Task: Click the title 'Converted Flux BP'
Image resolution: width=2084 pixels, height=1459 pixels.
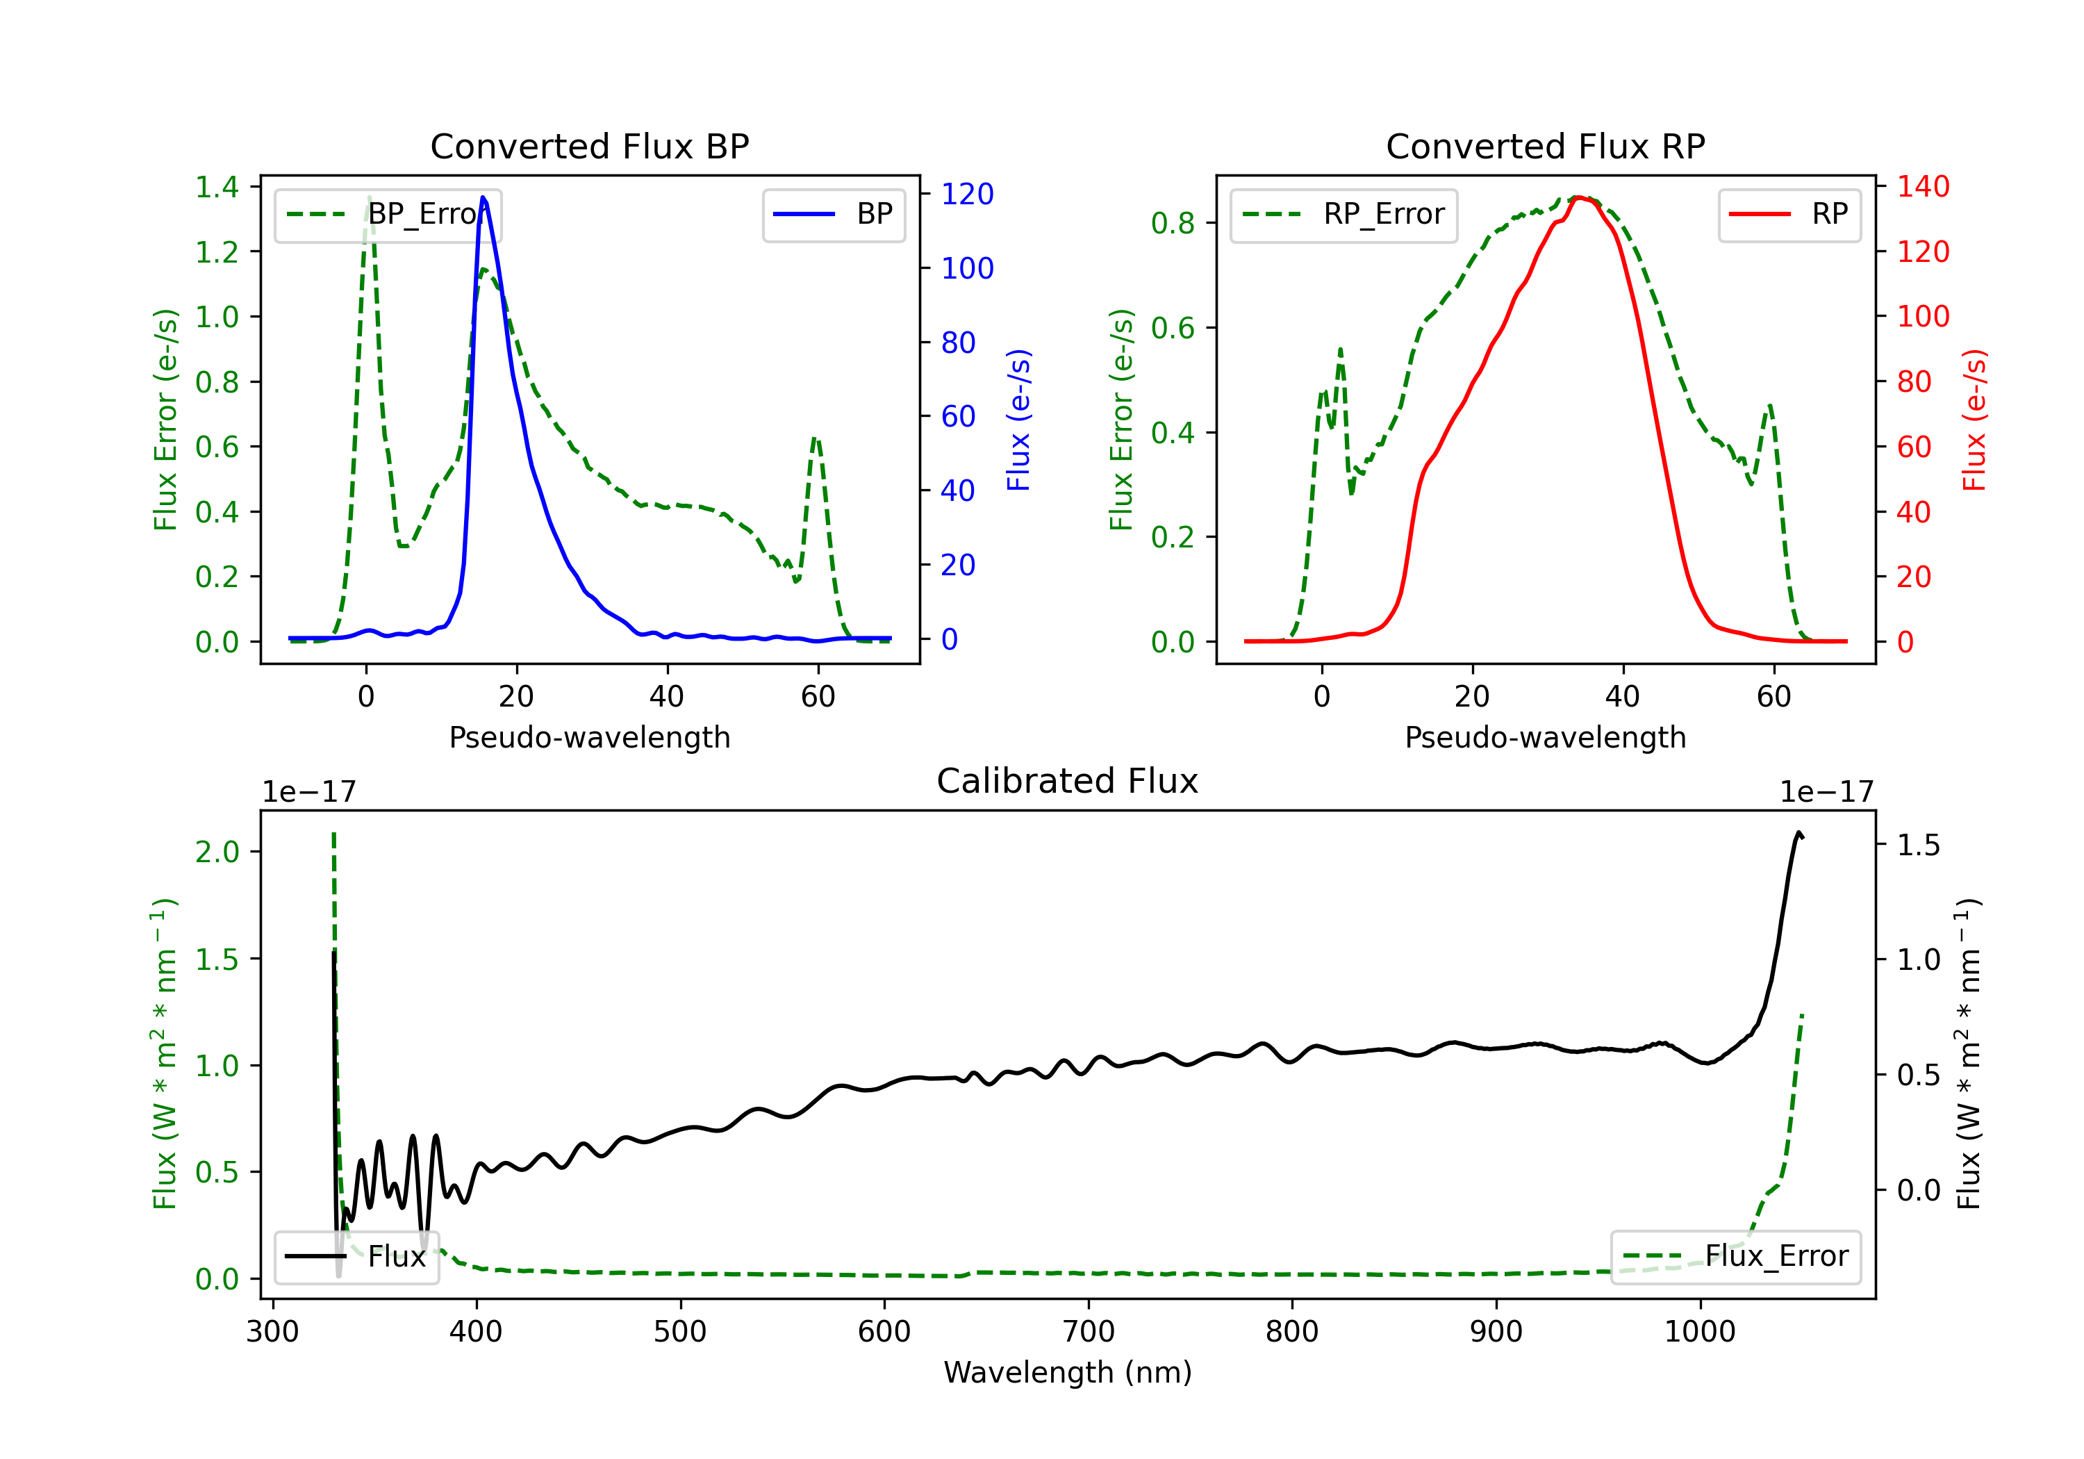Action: click(589, 146)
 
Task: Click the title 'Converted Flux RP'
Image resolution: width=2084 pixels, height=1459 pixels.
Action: click(1545, 146)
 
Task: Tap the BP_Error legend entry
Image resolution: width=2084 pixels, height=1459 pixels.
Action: click(388, 214)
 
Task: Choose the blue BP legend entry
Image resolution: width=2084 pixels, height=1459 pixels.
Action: click(833, 214)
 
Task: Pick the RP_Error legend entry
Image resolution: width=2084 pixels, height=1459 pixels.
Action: click(1343, 214)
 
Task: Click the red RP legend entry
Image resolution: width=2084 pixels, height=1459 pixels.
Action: click(1789, 214)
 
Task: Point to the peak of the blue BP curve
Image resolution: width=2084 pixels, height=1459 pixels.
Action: click(483, 197)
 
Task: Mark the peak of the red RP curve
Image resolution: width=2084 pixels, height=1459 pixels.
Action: click(1578, 197)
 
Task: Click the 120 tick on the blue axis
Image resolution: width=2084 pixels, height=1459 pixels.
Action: click(967, 193)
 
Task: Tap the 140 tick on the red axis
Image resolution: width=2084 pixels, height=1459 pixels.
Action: click(1922, 186)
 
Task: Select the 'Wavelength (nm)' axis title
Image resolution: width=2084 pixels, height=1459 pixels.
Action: click(1068, 1372)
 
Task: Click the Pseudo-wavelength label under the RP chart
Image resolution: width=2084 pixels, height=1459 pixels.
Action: click(1545, 737)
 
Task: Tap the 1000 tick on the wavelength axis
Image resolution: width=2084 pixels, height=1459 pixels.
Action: click(1699, 1331)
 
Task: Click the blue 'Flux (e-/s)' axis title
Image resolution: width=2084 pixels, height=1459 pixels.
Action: click(1018, 420)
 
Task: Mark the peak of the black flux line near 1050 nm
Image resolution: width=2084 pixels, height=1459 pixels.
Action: click(1798, 832)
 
